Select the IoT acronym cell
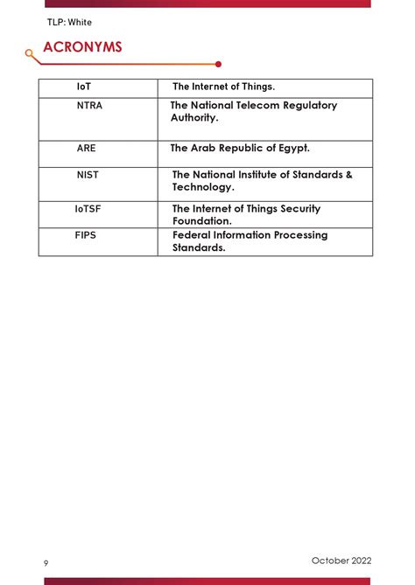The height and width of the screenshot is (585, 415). pyautogui.click(x=84, y=87)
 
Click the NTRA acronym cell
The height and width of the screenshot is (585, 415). pyautogui.click(x=89, y=105)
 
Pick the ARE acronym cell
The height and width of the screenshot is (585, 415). pyautogui.click(x=87, y=149)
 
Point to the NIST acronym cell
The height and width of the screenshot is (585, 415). pyautogui.click(x=88, y=175)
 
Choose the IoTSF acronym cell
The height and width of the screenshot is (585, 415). pyautogui.click(x=88, y=209)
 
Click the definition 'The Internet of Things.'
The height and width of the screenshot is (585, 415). pyautogui.click(x=223, y=87)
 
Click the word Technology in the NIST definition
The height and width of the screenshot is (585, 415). pyautogui.click(x=202, y=187)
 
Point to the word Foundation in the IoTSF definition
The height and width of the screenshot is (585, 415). pyautogui.click(x=201, y=221)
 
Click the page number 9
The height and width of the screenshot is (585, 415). pyautogui.click(x=46, y=562)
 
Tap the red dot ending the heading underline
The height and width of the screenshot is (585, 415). pyautogui.click(x=218, y=64)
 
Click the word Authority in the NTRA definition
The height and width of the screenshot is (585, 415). pyautogui.click(x=193, y=117)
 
